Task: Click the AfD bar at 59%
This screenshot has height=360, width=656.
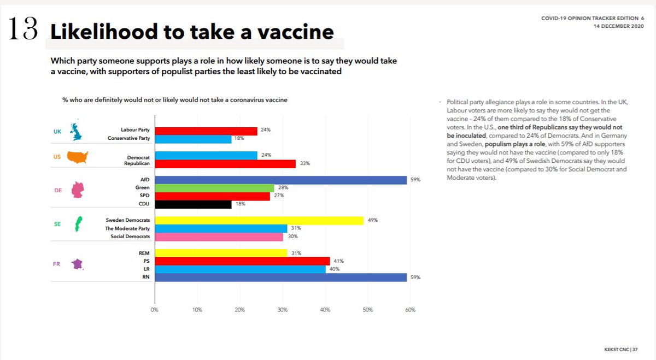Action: click(280, 179)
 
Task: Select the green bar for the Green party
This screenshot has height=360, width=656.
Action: click(214, 188)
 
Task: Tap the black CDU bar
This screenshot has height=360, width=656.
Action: click(193, 204)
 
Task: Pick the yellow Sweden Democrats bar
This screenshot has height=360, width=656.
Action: click(259, 220)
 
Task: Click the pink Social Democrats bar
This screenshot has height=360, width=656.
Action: click(219, 237)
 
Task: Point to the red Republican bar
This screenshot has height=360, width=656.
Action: click(225, 163)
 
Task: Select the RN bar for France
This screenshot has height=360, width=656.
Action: click(280, 277)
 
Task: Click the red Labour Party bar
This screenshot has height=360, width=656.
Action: click(206, 131)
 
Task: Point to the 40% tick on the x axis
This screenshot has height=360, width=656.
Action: click(325, 310)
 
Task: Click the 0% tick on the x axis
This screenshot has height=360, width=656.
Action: click(155, 310)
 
